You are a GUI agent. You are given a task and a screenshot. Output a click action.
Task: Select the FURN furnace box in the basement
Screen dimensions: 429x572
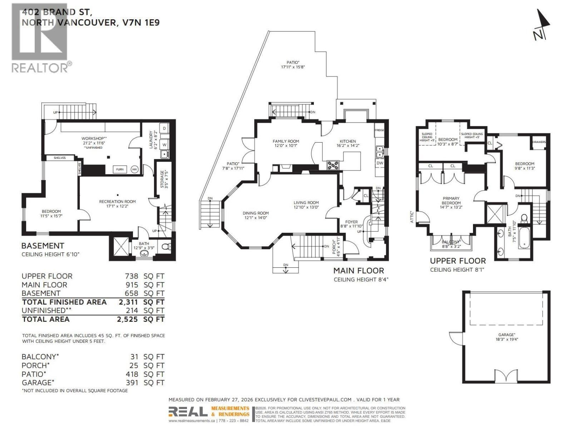[x=120, y=169]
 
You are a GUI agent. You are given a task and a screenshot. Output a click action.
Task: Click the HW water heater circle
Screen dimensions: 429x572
[x=135, y=169]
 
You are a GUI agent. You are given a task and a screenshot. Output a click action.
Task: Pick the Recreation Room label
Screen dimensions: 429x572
[x=117, y=202]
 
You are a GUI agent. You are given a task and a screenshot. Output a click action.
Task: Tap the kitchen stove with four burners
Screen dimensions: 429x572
[x=333, y=165]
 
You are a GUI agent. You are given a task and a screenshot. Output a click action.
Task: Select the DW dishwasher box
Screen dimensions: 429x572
[x=379, y=163]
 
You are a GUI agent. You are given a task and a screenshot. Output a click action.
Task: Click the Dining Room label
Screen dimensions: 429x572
[x=256, y=213]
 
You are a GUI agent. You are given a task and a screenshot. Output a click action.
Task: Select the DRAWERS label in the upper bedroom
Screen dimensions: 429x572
[x=539, y=142]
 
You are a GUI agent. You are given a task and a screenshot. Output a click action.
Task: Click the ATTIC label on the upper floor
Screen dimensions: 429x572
[x=412, y=217]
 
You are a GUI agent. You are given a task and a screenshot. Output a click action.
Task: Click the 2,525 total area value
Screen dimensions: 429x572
[x=127, y=319]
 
